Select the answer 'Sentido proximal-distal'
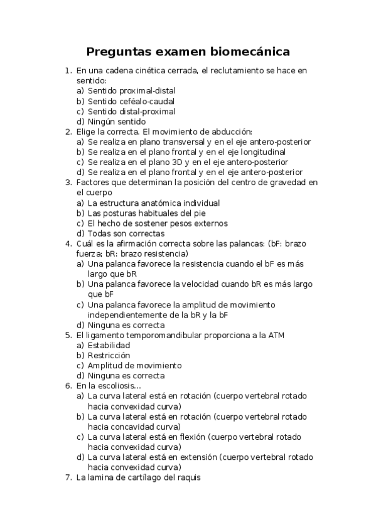[122, 91]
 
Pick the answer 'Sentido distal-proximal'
[122, 111]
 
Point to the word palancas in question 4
[243, 243]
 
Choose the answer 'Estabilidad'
[109, 345]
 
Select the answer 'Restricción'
[109, 355]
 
